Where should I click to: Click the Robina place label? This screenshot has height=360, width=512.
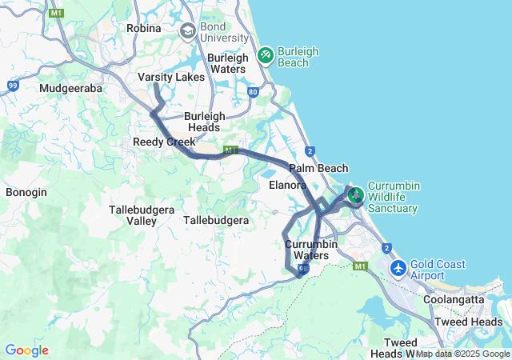pos(144,28)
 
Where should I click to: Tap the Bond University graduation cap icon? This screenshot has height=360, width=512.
pos(188,31)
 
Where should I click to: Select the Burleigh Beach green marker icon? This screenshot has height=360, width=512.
pos(265,56)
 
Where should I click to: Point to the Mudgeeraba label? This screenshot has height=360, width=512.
pos(71,89)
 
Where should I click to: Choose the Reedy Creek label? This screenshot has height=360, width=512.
pos(164,142)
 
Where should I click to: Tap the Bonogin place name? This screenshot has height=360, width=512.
pos(26,193)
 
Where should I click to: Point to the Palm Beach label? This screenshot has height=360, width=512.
pos(318,168)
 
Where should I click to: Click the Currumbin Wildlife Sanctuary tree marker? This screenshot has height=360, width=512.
pos(355,194)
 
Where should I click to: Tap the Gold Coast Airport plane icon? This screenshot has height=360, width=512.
pos(398,268)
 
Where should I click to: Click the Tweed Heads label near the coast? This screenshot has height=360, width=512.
pos(468,322)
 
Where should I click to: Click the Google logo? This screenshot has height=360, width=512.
pos(26,350)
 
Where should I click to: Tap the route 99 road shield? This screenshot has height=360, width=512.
pos(12,85)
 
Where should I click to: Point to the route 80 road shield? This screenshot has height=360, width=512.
pos(253,92)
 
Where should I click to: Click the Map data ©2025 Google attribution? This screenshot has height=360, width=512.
pos(462,354)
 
